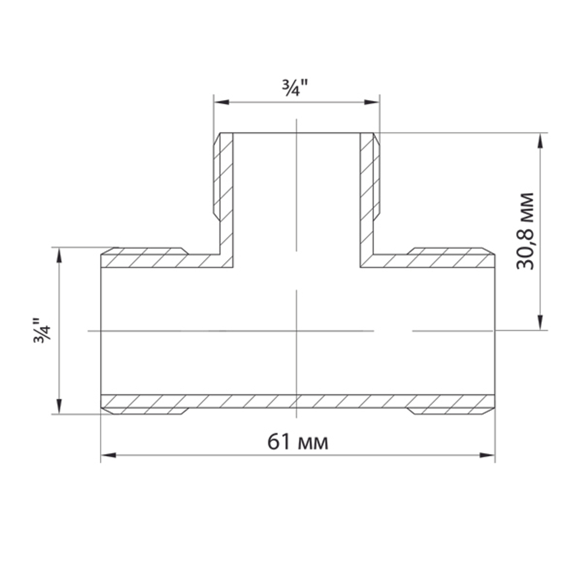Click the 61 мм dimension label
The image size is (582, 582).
coord(297,442)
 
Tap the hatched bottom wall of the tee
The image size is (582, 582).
coord(297,401)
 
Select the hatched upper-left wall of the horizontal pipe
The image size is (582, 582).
coord(157,260)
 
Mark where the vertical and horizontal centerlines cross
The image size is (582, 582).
coord(297,331)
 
